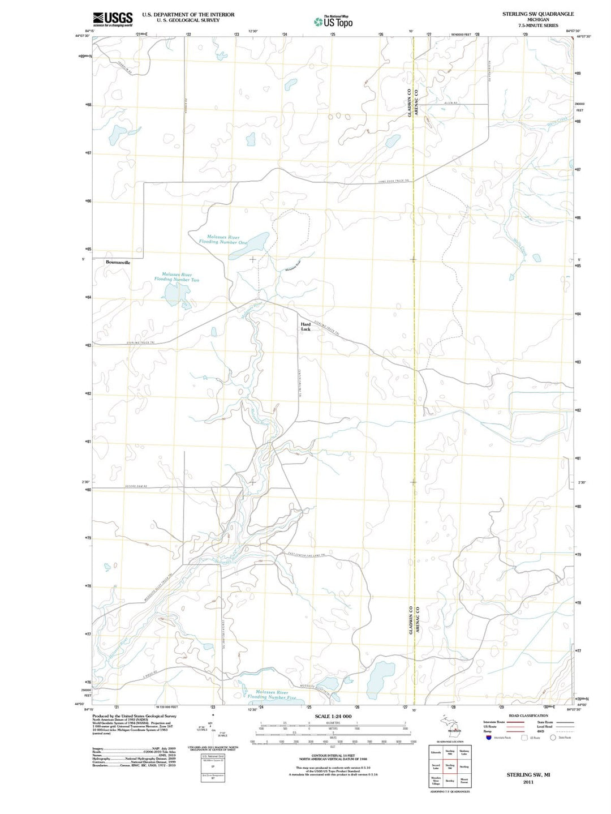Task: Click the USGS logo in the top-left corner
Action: (113, 19)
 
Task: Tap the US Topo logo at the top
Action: (333, 22)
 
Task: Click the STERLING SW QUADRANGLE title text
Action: (537, 14)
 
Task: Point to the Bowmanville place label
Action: (118, 263)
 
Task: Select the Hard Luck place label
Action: (305, 327)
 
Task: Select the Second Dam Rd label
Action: (136, 487)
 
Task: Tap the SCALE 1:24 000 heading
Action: (333, 717)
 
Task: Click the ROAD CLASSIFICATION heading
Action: (528, 716)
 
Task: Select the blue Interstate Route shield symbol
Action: (489, 737)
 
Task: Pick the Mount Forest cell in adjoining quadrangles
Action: (464, 781)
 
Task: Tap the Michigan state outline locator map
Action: (450, 723)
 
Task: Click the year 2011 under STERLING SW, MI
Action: (528, 782)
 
